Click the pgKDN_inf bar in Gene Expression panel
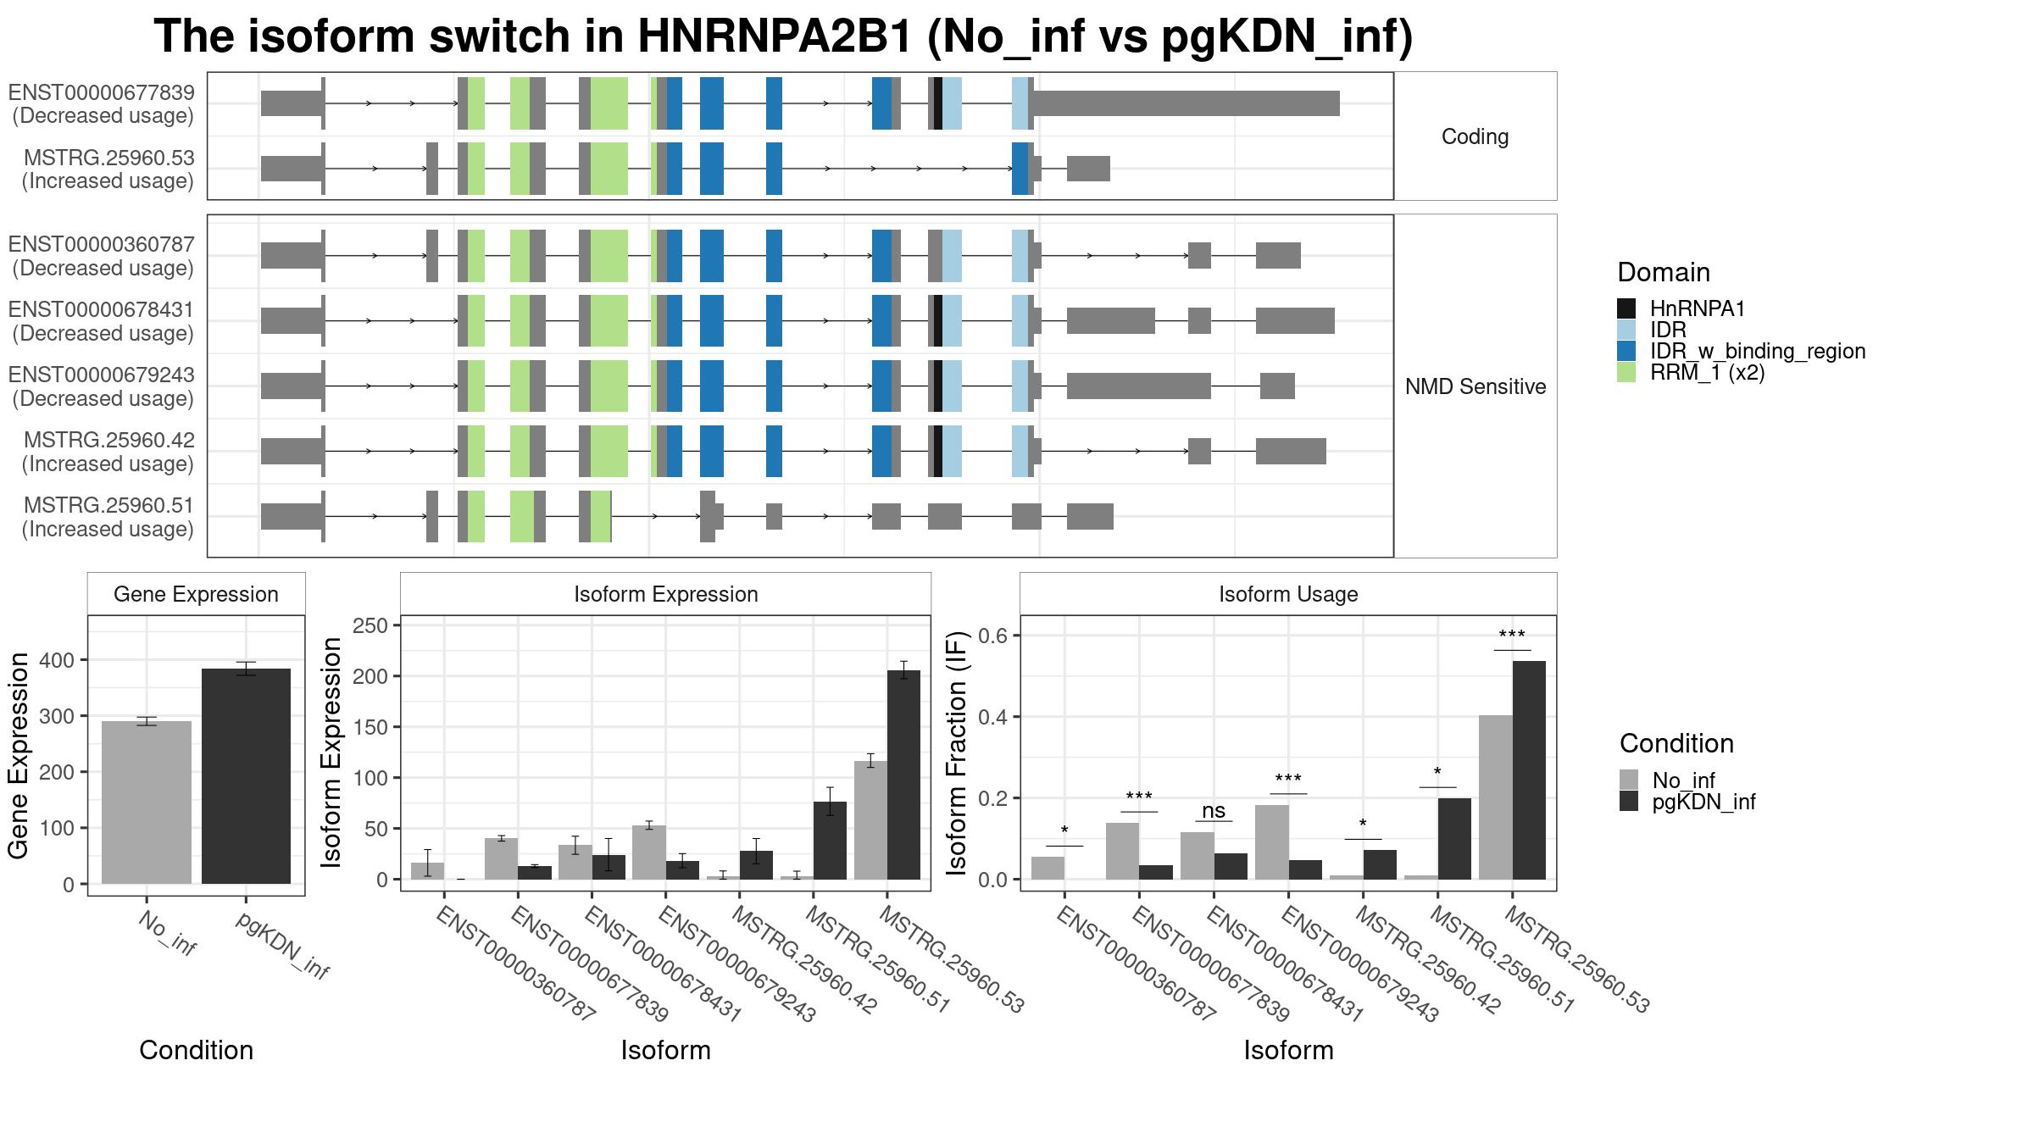[246, 776]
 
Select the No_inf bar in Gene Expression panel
[147, 802]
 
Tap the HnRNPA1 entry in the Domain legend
[1698, 309]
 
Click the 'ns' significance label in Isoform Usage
[1214, 810]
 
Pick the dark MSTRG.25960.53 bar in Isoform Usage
[1529, 770]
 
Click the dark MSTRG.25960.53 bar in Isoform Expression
[903, 775]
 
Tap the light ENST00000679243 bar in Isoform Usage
[1272, 842]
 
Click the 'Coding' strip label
[1475, 136]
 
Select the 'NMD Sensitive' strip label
[1475, 386]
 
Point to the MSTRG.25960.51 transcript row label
[108, 517]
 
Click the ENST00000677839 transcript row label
[102, 103]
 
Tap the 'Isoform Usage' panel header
[1288, 594]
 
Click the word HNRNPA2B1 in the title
[774, 36]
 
